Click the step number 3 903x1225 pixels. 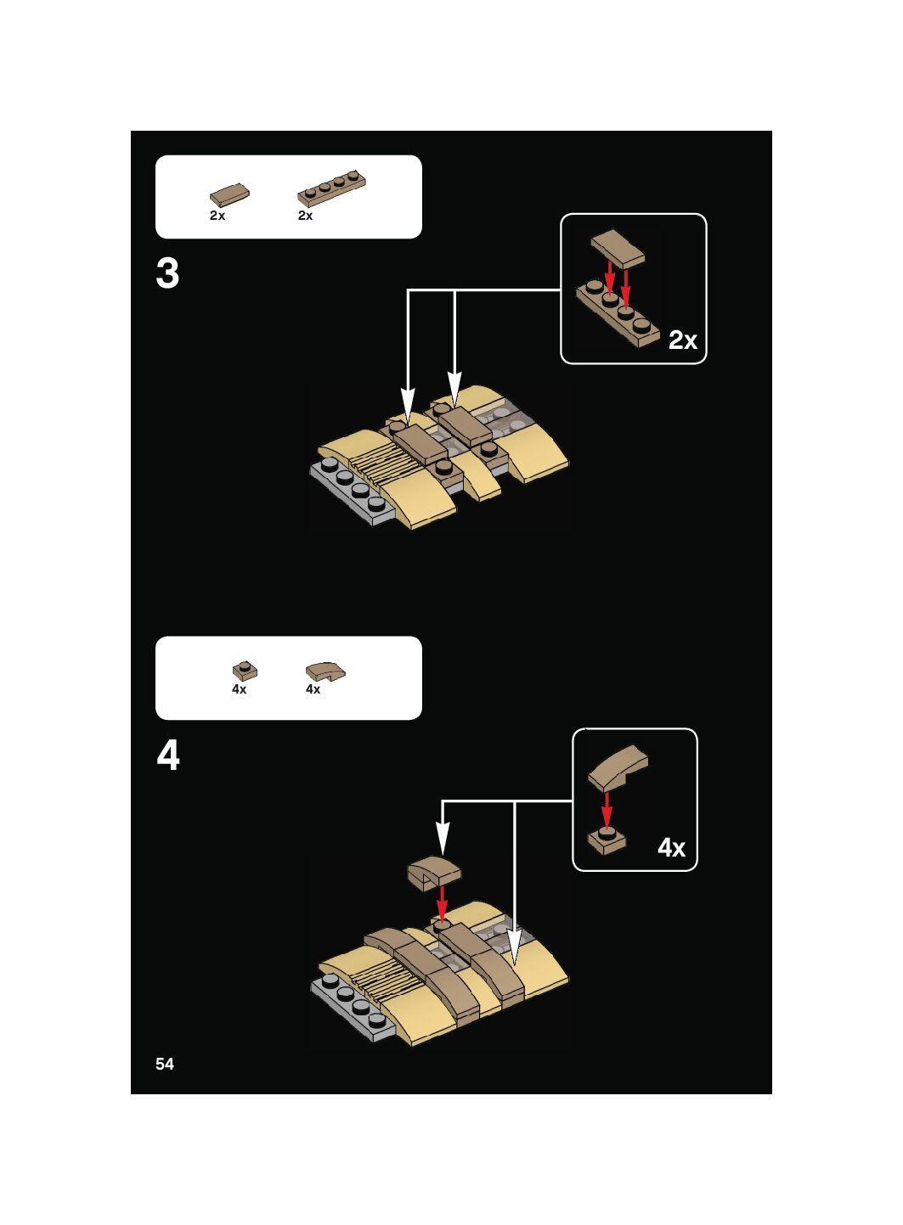[167, 274]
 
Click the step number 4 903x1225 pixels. [168, 755]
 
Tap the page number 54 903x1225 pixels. [165, 1064]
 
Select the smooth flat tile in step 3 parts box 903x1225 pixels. [229, 195]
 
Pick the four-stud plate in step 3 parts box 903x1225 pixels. [331, 188]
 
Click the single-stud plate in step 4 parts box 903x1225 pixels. [245, 671]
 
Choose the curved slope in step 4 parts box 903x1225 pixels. [325, 672]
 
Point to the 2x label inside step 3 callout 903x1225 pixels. [682, 340]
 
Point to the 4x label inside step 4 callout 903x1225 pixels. [671, 847]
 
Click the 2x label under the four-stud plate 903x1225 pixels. [305, 216]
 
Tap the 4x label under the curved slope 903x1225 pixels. [313, 689]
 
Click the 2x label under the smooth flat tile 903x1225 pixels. [217, 216]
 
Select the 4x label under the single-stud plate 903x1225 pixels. [239, 689]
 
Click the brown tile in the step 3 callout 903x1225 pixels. [618, 248]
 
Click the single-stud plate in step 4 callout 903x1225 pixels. [607, 839]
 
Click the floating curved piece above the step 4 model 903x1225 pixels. [433, 873]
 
